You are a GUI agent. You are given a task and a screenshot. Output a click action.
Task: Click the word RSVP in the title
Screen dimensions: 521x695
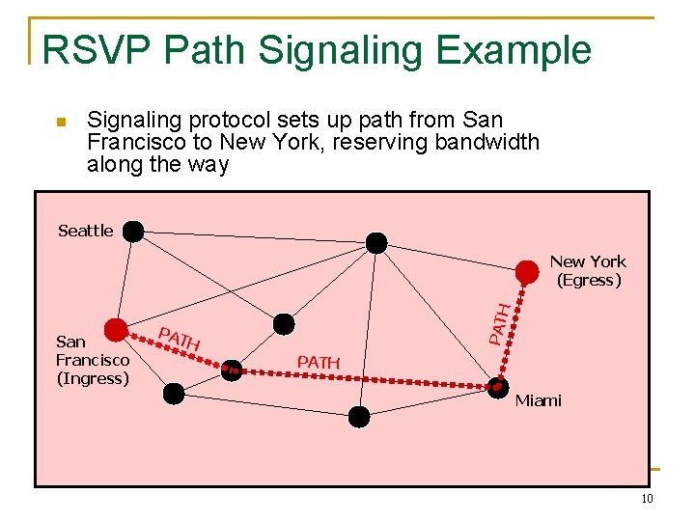point(91,50)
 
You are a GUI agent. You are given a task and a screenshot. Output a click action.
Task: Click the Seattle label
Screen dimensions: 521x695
point(85,231)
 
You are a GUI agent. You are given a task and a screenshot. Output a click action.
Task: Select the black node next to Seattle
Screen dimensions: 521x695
point(132,232)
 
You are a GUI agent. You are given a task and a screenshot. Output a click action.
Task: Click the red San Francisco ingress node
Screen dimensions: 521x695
point(117,330)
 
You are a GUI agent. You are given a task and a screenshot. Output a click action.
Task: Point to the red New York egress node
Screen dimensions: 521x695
point(526,271)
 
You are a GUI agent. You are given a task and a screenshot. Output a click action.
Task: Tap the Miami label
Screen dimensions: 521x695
point(538,400)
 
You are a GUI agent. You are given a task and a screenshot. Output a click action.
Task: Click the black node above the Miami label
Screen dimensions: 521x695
point(497,388)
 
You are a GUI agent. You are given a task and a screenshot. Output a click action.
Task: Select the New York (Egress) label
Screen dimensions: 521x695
point(588,271)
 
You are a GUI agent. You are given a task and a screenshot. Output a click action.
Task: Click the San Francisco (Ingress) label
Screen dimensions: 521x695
point(92,360)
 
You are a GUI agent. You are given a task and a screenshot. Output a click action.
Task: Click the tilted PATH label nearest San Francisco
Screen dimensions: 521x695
point(179,340)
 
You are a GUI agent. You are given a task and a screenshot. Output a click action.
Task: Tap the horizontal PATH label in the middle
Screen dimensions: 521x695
point(319,362)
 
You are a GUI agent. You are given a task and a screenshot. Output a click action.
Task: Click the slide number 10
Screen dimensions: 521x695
point(647,499)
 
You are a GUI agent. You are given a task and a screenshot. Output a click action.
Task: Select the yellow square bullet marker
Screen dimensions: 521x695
point(59,123)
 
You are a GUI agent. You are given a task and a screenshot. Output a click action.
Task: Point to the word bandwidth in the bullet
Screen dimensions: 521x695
point(487,142)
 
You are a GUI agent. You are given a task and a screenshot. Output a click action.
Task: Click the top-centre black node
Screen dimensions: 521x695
point(376,242)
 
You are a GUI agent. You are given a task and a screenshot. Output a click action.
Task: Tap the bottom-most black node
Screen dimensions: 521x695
point(359,417)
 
